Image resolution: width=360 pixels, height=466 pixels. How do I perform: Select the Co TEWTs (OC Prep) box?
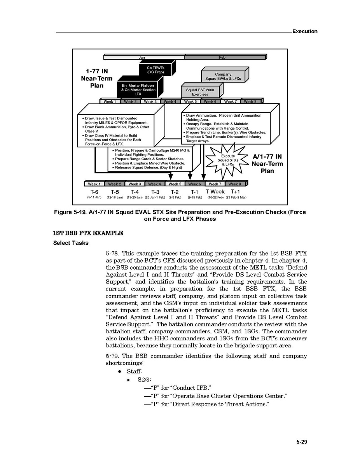tap(156, 70)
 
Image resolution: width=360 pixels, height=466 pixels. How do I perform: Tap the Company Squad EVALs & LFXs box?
tap(223, 77)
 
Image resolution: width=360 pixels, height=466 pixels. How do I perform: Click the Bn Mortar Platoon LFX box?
tap(138, 90)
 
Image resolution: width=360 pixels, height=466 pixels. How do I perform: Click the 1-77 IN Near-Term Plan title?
tap(97, 78)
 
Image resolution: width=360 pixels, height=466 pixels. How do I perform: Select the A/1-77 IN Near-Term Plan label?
tap(267, 164)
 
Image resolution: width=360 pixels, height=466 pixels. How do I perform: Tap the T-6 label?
tap(94, 192)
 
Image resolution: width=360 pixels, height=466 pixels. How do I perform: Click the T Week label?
tap(215, 192)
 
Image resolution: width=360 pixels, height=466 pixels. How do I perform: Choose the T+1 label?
tap(235, 192)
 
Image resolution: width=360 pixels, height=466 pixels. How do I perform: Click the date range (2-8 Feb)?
tap(175, 198)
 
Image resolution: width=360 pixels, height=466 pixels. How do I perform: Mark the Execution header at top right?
tap(304, 32)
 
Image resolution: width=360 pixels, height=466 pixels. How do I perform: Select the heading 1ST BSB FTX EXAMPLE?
tap(88, 233)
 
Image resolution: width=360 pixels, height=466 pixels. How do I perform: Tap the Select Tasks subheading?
tap(71, 243)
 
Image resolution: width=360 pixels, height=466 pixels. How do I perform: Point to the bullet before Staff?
tap(121, 372)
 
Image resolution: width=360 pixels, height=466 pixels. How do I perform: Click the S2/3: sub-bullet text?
tap(144, 380)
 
